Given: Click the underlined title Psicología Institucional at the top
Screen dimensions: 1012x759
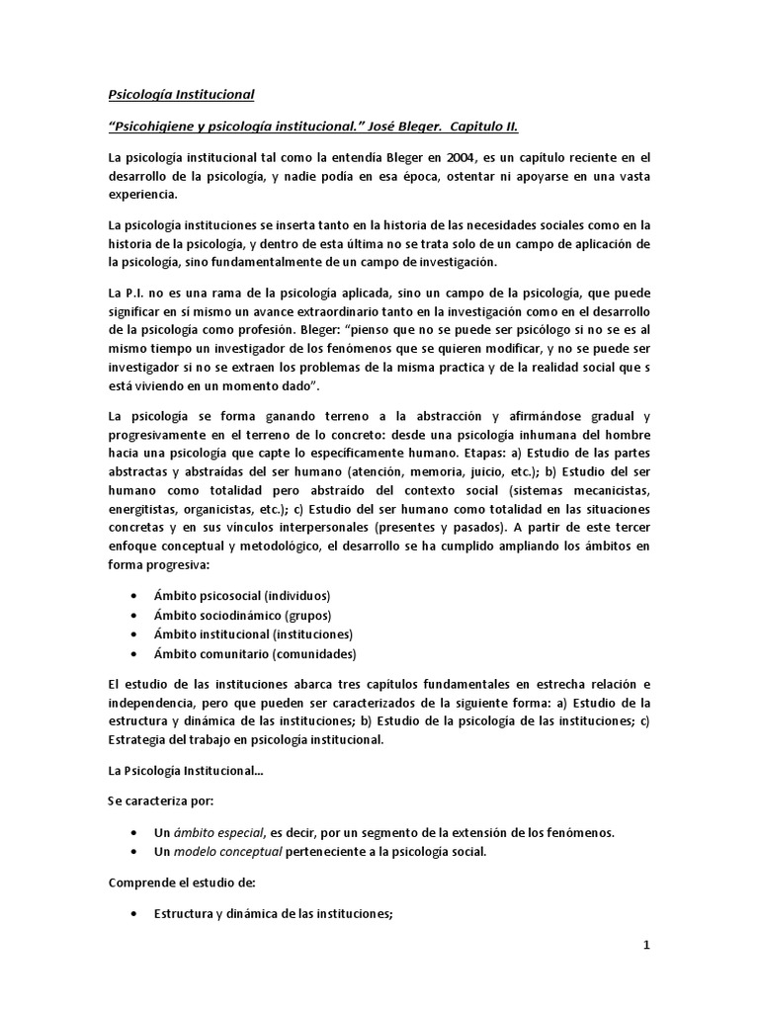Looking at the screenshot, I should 181,95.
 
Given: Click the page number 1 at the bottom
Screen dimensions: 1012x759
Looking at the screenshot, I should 646,945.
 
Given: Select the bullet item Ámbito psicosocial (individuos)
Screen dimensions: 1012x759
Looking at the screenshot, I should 241,596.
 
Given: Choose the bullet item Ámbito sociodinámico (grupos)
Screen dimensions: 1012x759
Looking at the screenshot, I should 233,615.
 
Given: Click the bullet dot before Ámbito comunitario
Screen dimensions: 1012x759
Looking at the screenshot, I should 134,653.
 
